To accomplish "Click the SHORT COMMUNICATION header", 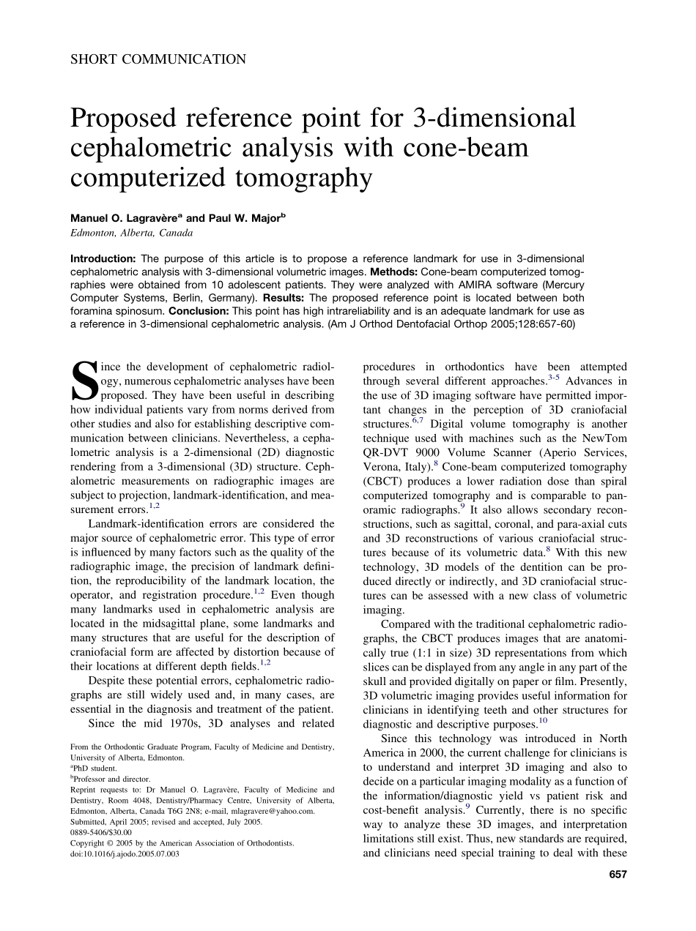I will tap(158, 59).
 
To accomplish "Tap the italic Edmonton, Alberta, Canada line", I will tap(131, 233).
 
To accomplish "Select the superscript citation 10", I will tap(543, 720).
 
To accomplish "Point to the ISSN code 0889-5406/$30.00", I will tap(101, 832).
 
